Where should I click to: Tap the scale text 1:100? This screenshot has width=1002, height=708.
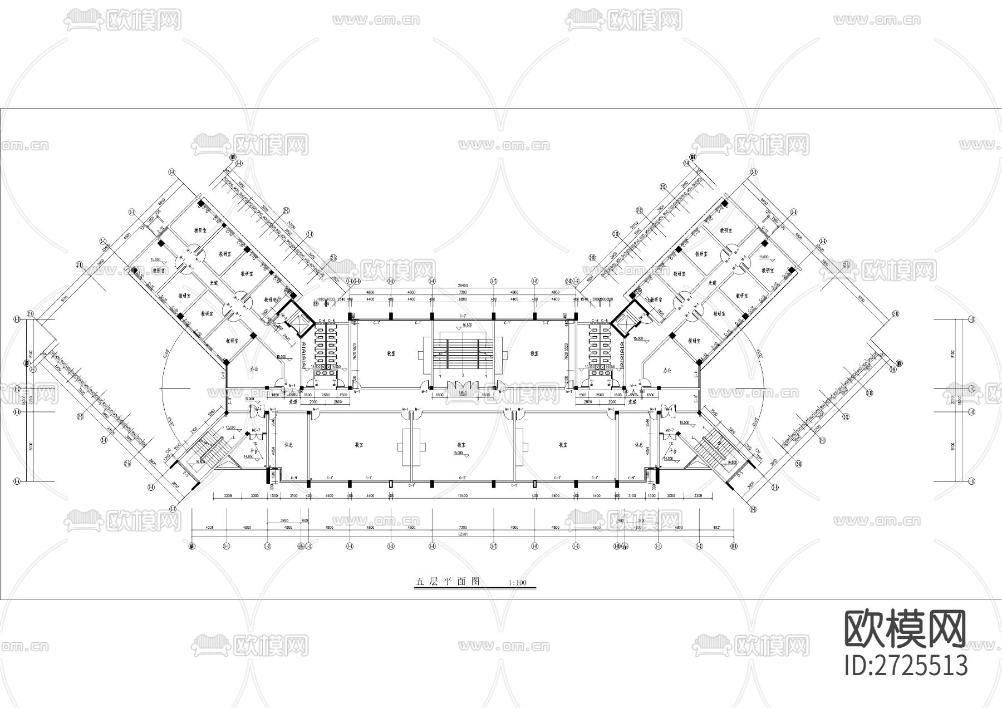pos(517,583)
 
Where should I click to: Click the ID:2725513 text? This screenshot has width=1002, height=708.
pos(906,665)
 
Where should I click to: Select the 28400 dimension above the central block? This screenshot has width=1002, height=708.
pos(463,285)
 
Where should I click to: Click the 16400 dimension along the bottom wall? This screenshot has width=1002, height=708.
pos(463,495)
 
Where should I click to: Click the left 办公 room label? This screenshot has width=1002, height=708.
pos(255,369)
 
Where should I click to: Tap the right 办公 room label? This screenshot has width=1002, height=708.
pos(667,370)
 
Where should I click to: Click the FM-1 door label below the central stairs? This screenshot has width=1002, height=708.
pos(463,392)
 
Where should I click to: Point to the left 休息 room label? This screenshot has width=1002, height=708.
pos(288,445)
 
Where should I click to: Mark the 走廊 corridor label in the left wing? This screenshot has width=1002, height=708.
pos(213,283)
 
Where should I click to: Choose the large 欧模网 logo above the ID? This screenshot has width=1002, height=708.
pos(906,629)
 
